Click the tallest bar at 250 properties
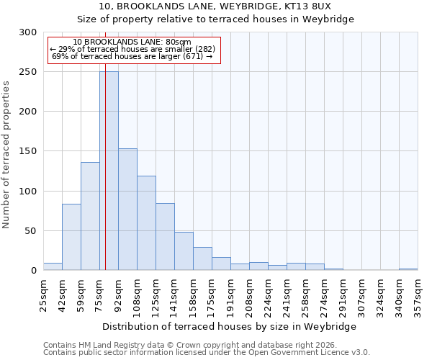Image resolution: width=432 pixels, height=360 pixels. click(109, 171)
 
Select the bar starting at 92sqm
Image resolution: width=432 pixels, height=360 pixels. click(127, 210)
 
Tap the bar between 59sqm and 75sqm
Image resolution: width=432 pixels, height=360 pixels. click(90, 216)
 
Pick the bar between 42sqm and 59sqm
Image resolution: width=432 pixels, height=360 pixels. click(71, 237)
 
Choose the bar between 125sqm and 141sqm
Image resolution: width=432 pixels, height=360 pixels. click(165, 237)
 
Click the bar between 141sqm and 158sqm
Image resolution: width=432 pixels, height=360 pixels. click(184, 251)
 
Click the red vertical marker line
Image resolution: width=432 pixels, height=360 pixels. click(105, 144)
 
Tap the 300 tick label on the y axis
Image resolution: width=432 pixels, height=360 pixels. click(28, 32)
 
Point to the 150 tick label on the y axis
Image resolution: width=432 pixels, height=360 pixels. click(28, 151)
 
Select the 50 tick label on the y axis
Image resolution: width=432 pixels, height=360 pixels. click(31, 231)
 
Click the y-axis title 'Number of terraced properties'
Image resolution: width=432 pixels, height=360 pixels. click(6, 155)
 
